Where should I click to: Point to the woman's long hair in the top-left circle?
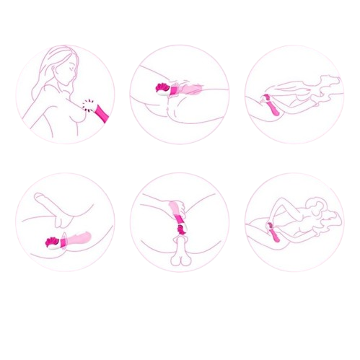pyautogui.click(x=49, y=79)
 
